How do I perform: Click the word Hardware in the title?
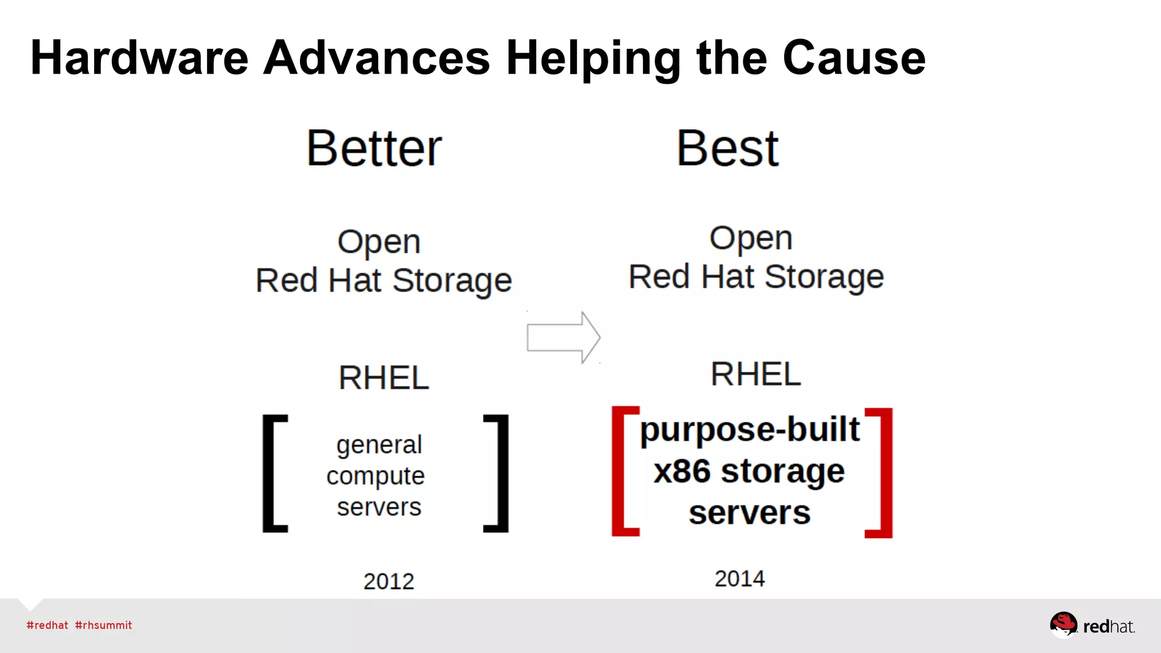pos(139,58)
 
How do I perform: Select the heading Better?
pos(374,149)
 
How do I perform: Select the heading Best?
pos(728,149)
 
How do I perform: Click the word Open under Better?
pos(379,243)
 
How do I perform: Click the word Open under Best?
pos(751,239)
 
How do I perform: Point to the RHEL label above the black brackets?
pos(384,378)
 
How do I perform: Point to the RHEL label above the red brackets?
pos(756,374)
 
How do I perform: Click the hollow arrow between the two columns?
pos(563,337)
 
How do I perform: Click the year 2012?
pos(388,582)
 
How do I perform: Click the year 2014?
pos(739,579)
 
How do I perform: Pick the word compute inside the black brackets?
pos(375,476)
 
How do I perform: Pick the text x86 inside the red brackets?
pos(682,472)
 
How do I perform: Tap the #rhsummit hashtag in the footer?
pos(103,625)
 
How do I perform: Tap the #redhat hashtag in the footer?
pos(47,625)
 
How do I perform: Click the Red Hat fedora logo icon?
pos(1063,625)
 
